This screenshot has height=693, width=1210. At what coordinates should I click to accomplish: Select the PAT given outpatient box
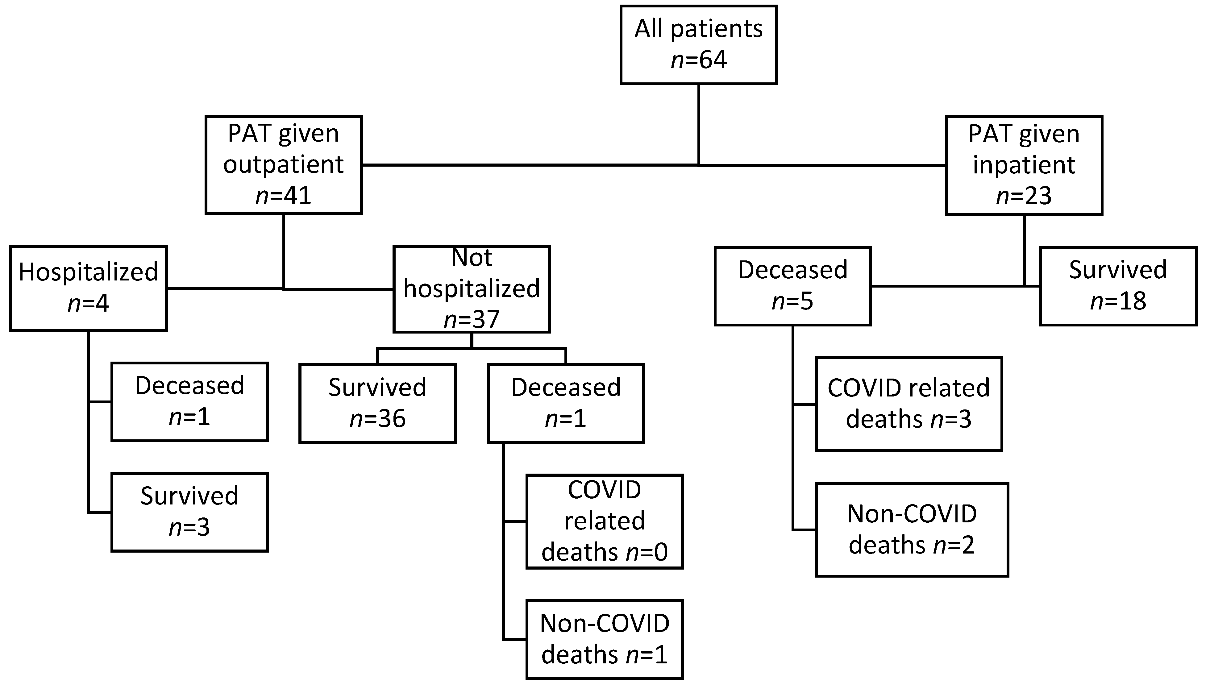(283, 165)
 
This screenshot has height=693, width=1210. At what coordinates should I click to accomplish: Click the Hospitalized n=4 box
(89, 288)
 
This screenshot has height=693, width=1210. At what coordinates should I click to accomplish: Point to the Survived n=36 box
(377, 403)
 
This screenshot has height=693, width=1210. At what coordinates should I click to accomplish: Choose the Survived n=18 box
(1118, 286)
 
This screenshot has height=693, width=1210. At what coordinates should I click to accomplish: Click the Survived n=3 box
(189, 512)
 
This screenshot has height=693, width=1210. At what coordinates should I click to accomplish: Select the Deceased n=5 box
(792, 286)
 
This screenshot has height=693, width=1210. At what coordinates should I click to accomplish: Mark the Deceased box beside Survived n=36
(565, 403)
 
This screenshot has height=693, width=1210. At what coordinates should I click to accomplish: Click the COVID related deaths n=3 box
(909, 404)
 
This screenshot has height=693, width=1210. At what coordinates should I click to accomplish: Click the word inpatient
(1024, 165)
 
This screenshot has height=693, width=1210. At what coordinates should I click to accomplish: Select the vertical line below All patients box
(698, 124)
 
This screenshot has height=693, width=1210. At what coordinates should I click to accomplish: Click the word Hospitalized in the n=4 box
(89, 272)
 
